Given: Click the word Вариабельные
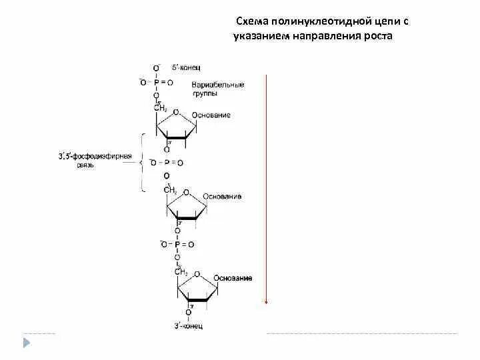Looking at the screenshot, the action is [x=217, y=85].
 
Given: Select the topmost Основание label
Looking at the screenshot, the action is [x=211, y=115].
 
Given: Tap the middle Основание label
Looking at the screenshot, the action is [x=222, y=197].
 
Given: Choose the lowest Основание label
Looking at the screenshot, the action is [x=233, y=278].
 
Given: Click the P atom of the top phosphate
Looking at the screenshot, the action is [x=156, y=82].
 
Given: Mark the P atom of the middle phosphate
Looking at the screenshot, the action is [x=166, y=163].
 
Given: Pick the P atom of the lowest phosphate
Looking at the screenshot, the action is [x=177, y=245].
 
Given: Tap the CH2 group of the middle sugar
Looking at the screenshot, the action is [x=170, y=190].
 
